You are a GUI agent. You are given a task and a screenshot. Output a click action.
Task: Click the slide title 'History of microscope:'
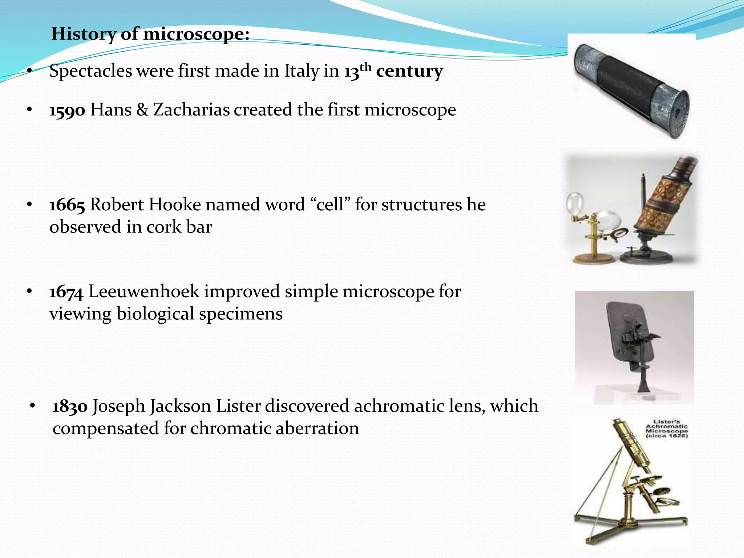150,34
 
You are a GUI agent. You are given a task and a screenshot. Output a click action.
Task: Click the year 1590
68,110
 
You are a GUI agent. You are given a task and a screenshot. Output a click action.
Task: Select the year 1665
68,205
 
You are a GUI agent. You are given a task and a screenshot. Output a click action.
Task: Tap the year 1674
67,292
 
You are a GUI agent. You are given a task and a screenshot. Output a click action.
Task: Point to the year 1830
70,406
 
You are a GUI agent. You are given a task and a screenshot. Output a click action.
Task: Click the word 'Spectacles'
91,71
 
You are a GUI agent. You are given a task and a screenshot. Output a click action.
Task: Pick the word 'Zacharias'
191,110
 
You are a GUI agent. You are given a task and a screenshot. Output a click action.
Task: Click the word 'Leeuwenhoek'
144,291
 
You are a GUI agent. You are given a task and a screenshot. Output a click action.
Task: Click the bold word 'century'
409,71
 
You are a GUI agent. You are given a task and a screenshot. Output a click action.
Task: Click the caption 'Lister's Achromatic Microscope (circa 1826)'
667,429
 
